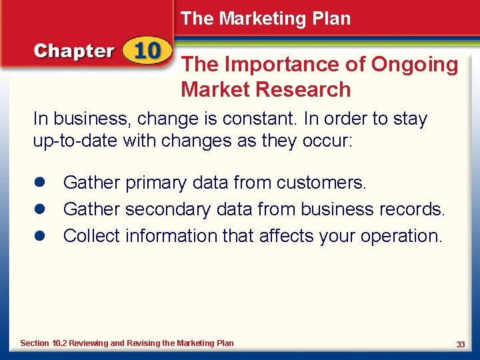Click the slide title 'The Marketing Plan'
(265, 19)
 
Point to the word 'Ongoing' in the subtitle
(415, 65)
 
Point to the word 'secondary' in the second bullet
(169, 209)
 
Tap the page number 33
(460, 344)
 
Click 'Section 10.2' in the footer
(44, 343)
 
